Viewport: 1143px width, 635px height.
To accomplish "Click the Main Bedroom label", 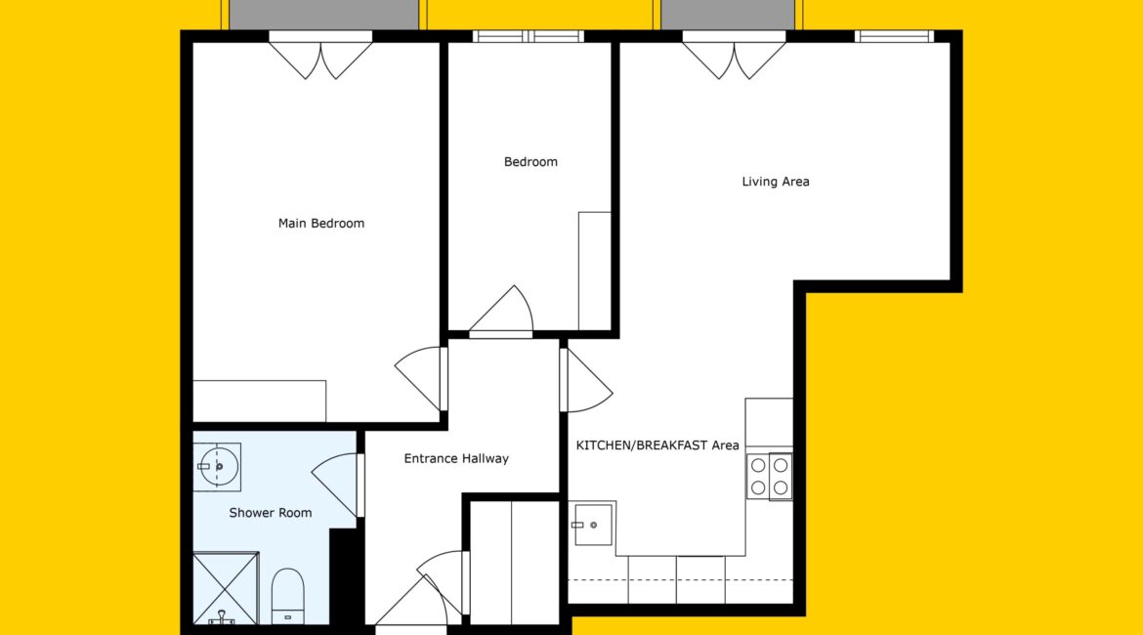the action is coord(320,223).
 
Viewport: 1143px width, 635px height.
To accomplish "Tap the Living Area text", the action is coord(776,182).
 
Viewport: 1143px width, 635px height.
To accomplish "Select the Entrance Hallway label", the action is coord(456,458).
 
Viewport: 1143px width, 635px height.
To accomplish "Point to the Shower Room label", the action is coord(271,513).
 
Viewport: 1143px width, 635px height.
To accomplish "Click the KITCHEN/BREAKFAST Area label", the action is coord(657,445).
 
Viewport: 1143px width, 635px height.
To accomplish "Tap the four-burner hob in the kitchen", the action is coord(769,477).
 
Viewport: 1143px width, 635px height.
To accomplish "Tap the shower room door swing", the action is coord(338,485).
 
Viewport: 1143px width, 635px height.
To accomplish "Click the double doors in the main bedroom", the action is coord(320,56).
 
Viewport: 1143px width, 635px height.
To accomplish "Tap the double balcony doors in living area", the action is coord(734,56).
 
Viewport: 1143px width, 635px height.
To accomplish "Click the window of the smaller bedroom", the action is coord(529,36).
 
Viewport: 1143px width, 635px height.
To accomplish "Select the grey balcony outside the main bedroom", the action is coord(324,15).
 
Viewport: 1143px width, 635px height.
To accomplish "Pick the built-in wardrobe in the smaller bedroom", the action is coord(595,272).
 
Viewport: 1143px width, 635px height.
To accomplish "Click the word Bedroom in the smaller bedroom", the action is coord(530,162).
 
